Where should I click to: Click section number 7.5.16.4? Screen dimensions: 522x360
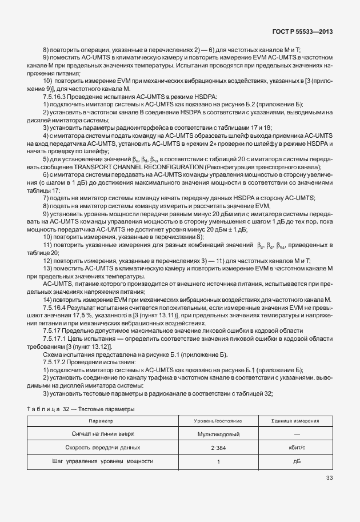point(55,307)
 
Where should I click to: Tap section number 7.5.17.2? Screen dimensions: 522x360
point(55,361)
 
